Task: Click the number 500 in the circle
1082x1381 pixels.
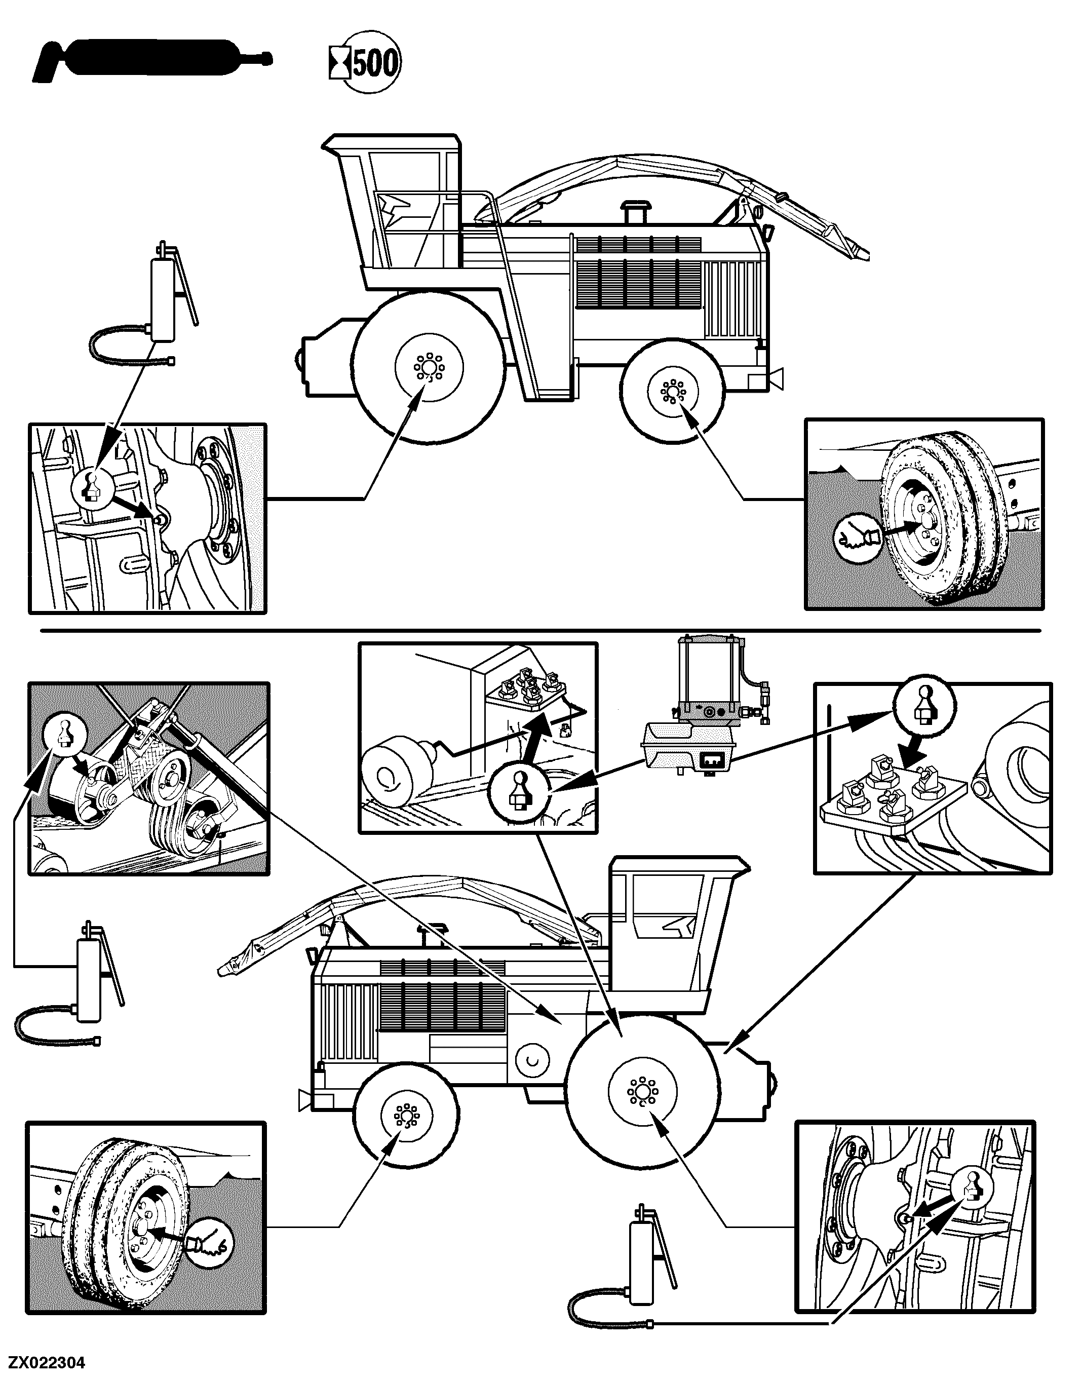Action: click(376, 64)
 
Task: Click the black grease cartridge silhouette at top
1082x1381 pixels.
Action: click(152, 60)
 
